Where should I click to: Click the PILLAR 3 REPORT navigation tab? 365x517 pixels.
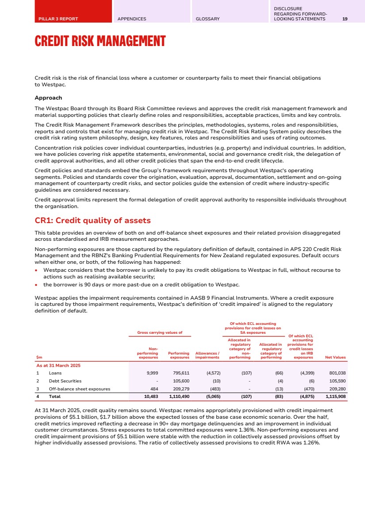click(58, 19)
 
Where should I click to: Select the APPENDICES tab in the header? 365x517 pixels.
click(132, 19)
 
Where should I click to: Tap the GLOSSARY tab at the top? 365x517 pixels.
click(207, 19)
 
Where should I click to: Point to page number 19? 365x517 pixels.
click(345, 19)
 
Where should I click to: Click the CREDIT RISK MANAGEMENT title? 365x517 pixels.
click(100, 42)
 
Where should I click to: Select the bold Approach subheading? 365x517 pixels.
click(48, 98)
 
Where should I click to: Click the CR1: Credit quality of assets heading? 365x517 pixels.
click(92, 220)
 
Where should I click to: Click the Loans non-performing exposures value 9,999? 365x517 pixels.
click(151, 373)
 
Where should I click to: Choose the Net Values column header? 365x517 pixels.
click(336, 357)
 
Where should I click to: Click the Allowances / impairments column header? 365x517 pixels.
click(207, 355)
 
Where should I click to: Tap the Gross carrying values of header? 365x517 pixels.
click(159, 332)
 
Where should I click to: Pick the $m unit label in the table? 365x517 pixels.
click(38, 357)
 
